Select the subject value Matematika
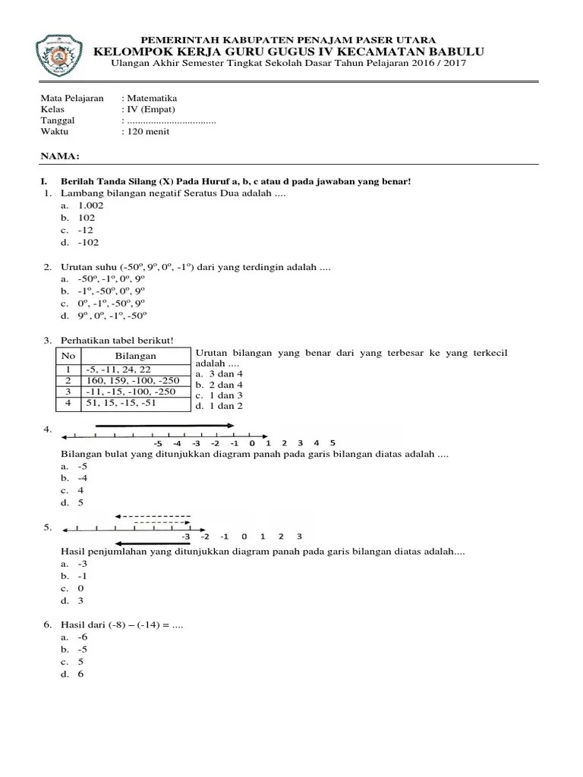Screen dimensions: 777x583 (152, 99)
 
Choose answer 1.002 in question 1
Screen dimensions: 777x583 (90, 206)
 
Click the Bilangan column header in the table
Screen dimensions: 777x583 (135, 356)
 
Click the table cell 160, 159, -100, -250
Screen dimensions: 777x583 (128, 380)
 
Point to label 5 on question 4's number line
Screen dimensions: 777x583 (332, 442)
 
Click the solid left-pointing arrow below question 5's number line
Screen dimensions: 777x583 (152, 543)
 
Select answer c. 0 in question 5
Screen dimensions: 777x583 (80, 588)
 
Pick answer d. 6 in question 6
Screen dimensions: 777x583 (80, 674)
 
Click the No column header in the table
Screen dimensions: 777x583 (68, 356)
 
